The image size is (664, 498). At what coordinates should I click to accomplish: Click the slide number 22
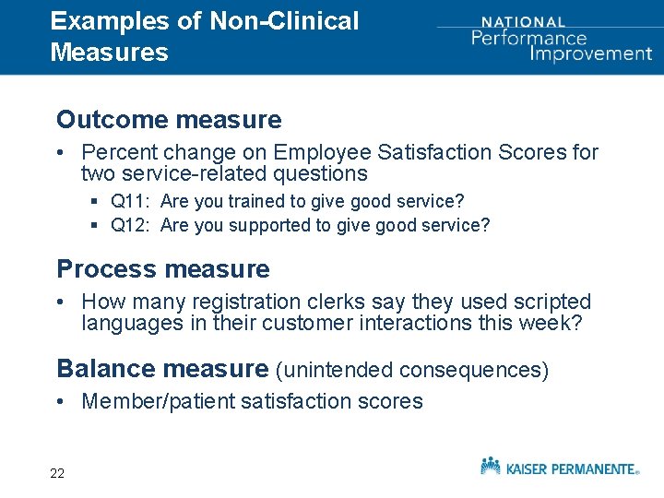click(x=57, y=473)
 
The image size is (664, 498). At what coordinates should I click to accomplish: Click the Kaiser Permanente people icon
click(x=491, y=465)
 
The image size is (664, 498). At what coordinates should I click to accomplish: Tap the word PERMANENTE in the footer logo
click(x=589, y=468)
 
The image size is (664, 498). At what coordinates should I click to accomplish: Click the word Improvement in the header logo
click(x=590, y=53)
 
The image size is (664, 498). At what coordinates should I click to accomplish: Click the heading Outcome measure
click(x=169, y=120)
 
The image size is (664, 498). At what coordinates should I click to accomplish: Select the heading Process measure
click(x=163, y=269)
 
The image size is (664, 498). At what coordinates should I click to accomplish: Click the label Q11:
click(x=131, y=201)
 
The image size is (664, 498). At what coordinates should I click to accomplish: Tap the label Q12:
click(x=131, y=226)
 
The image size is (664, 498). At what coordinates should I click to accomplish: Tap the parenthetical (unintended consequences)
click(x=412, y=370)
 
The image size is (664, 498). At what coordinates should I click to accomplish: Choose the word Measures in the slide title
click(x=110, y=52)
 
